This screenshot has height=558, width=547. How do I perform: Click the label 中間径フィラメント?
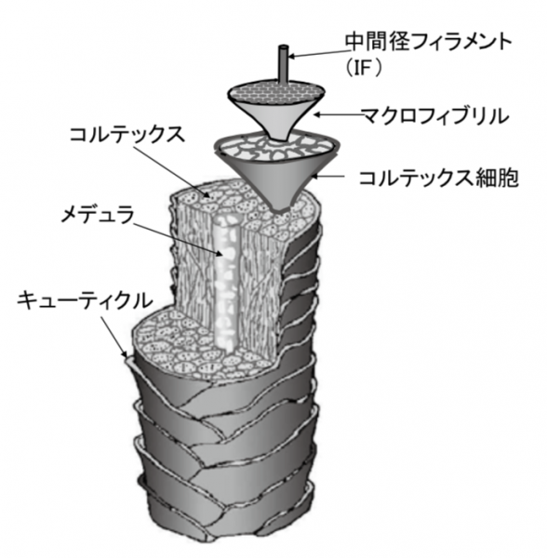[428, 42]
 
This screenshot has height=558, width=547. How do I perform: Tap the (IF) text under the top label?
[362, 68]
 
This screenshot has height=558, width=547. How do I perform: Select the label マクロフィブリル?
[434, 116]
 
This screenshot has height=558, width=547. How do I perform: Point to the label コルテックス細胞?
[439, 178]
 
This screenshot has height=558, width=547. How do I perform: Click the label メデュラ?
[98, 215]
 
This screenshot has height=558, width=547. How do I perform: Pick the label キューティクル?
[86, 300]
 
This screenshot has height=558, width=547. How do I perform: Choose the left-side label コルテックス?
[127, 135]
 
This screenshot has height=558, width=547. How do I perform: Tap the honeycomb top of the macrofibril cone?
[276, 92]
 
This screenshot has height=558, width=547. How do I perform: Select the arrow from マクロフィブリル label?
[338, 114]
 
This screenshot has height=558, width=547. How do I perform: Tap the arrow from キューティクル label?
[113, 336]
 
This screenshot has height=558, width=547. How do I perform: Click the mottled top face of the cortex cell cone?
[277, 147]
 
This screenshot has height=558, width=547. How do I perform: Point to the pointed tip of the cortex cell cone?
[280, 211]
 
